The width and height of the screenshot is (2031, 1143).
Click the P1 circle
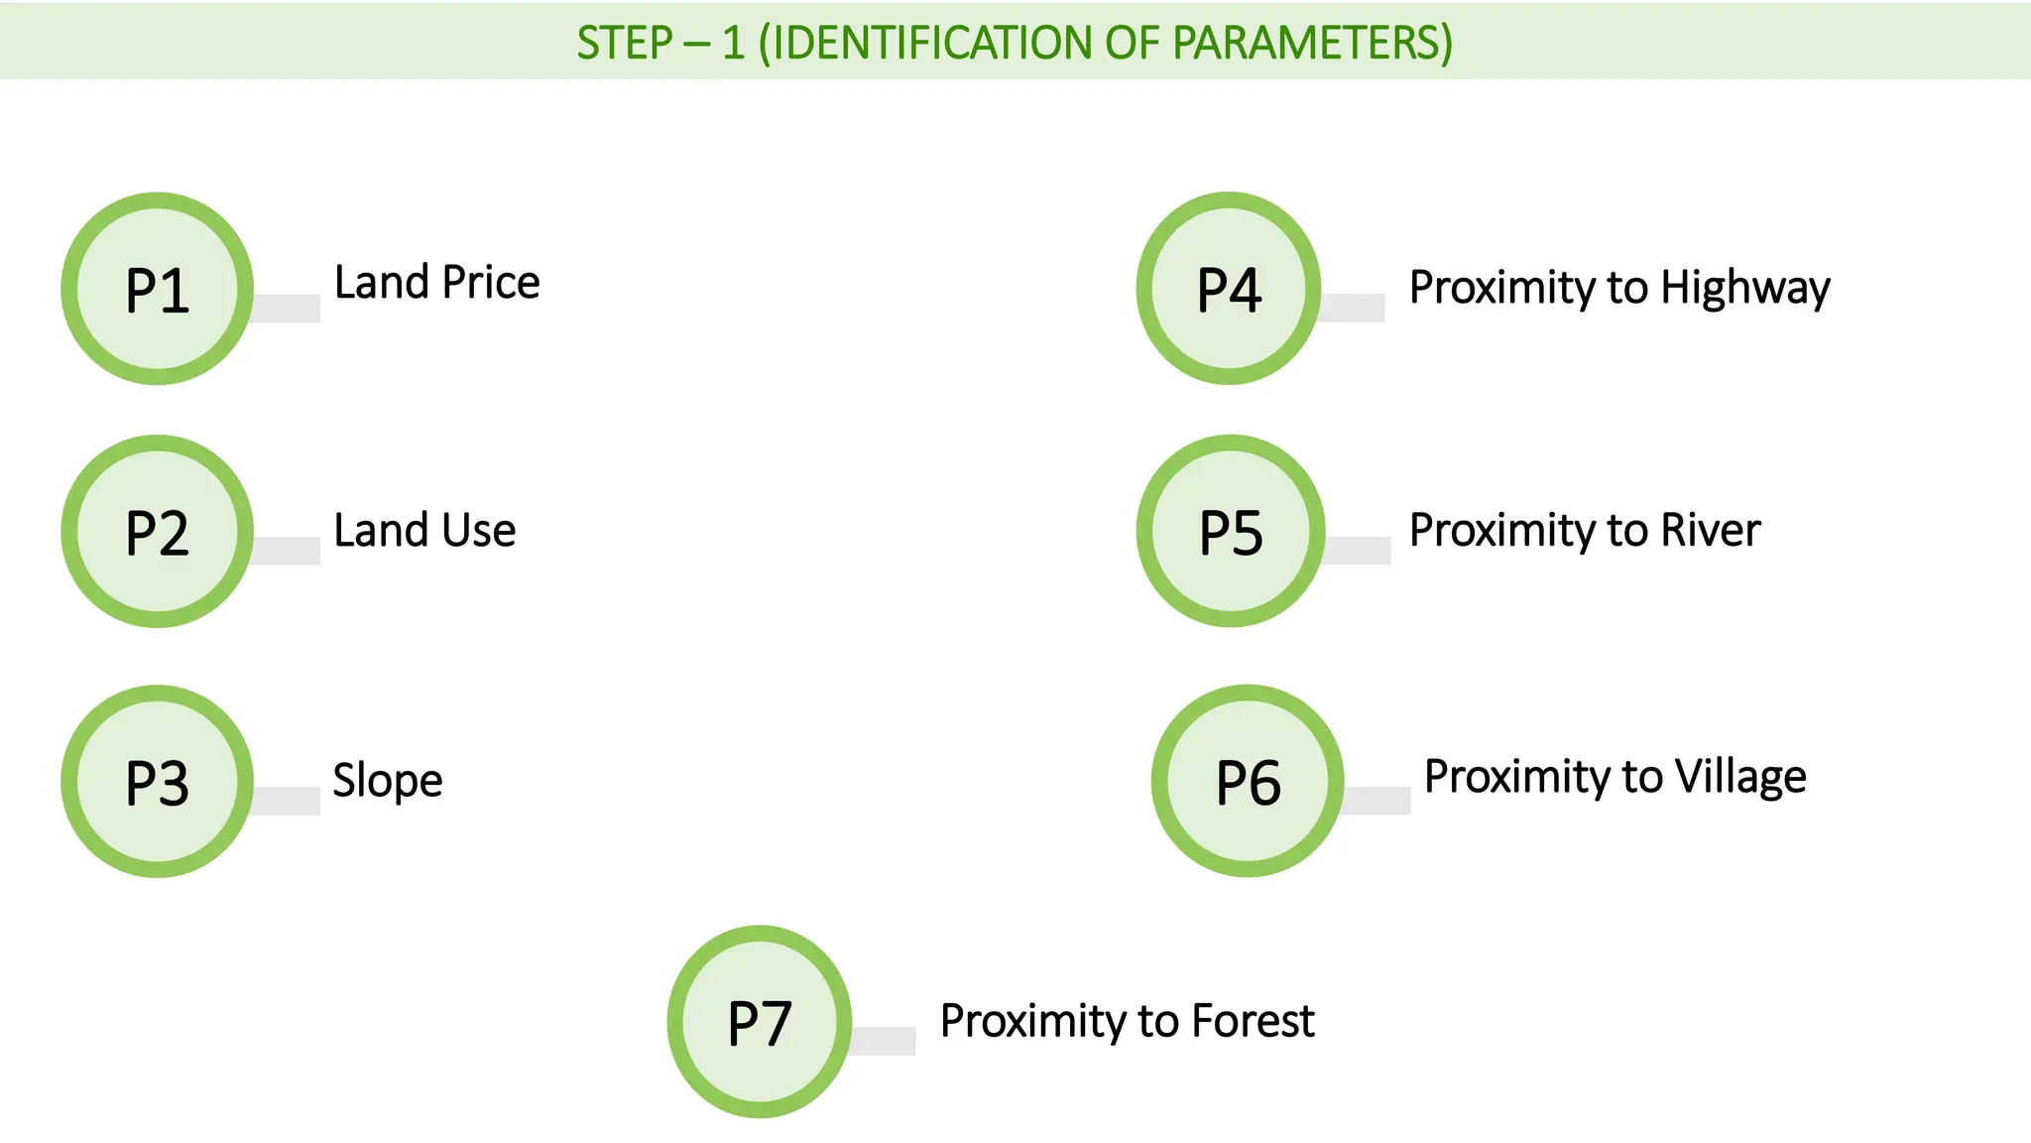tap(157, 289)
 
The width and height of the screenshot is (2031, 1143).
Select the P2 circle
tap(157, 532)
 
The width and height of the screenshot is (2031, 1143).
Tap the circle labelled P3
tap(157, 782)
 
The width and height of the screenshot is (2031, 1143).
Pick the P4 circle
tap(1229, 289)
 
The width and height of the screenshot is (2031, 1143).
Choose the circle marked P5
tap(1231, 532)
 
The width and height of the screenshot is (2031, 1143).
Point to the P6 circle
tap(1248, 782)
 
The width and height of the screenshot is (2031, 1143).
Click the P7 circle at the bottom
tap(760, 1022)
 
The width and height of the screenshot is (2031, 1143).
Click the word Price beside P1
tap(491, 283)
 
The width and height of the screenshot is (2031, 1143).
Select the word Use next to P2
tap(479, 531)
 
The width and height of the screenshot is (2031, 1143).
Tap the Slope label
tap(388, 781)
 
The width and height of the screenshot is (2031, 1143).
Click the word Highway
tap(1745, 289)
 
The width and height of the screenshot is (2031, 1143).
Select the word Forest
tap(1253, 1021)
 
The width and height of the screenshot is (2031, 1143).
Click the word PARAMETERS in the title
tap(1312, 43)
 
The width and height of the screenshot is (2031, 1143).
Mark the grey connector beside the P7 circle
tap(884, 1041)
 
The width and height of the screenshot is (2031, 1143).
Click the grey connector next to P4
tap(1353, 308)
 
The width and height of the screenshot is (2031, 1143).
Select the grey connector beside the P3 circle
tap(287, 801)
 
